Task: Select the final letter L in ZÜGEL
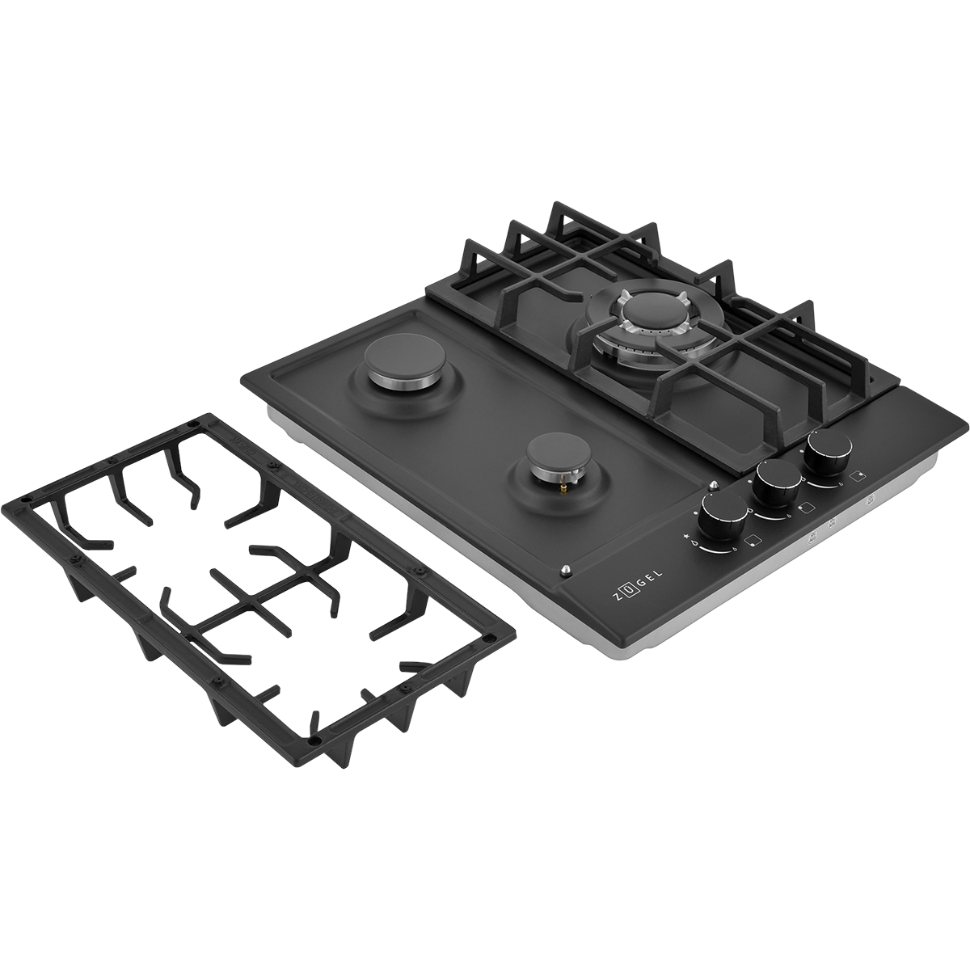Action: click(x=659, y=574)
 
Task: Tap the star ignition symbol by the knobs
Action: click(x=686, y=537)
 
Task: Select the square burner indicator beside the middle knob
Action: click(x=803, y=508)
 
